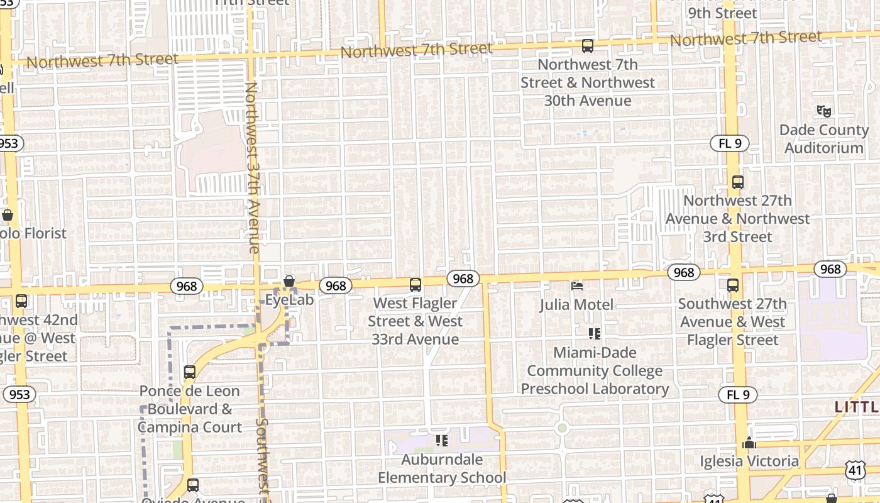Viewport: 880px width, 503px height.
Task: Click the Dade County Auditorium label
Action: tap(823, 139)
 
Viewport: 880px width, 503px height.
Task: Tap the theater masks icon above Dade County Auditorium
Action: tap(823, 111)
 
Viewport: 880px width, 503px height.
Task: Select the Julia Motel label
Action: tap(576, 305)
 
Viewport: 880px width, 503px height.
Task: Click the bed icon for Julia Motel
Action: tap(577, 286)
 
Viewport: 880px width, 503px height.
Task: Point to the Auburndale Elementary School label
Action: tap(441, 468)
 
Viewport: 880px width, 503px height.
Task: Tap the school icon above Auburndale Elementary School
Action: tap(441, 441)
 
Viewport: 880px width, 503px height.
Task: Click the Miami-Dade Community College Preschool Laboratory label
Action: tap(595, 371)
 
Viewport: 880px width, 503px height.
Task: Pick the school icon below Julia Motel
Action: tap(594, 333)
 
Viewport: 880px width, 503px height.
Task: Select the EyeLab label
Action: tap(289, 300)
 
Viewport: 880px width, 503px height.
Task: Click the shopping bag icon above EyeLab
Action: tap(289, 281)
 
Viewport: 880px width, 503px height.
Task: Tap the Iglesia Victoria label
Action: tap(749, 462)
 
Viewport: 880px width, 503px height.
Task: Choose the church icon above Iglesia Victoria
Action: tap(749, 443)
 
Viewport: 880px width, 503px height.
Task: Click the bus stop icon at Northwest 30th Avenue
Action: tap(587, 46)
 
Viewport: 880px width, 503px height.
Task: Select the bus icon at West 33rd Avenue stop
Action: tap(415, 285)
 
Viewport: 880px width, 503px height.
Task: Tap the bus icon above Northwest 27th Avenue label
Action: tap(737, 182)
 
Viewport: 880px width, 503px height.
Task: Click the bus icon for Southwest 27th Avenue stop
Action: tap(733, 285)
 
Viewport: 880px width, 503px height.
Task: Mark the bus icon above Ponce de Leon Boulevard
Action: tap(190, 372)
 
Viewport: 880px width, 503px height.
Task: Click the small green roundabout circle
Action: tap(562, 428)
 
